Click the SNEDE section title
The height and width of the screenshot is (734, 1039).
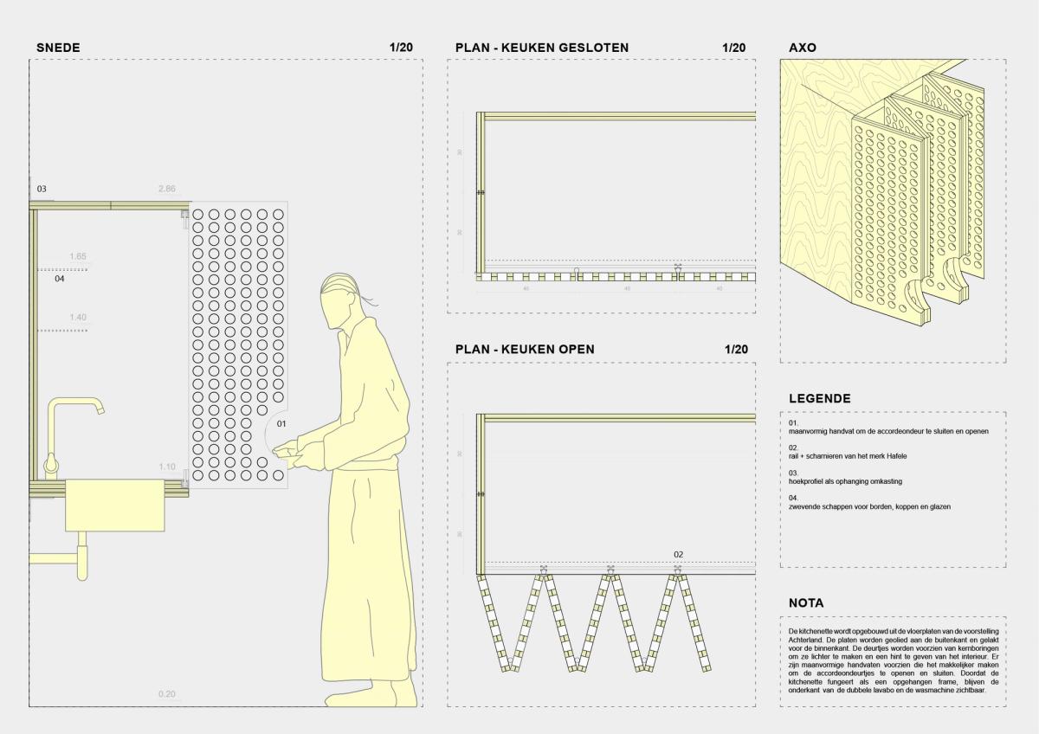(x=58, y=48)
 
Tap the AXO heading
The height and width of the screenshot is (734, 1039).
(x=803, y=48)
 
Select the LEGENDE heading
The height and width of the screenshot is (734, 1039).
(x=819, y=399)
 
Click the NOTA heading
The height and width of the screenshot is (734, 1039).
(x=806, y=603)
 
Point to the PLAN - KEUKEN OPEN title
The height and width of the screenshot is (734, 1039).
(x=525, y=350)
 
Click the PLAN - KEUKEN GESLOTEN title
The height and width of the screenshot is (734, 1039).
(x=542, y=48)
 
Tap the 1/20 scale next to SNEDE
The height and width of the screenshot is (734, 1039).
(x=401, y=48)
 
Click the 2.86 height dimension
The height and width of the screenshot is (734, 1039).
(x=167, y=189)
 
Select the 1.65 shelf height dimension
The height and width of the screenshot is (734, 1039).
(x=78, y=257)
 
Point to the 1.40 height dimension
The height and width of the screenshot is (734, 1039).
(x=78, y=318)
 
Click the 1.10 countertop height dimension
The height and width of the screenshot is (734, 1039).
(x=167, y=467)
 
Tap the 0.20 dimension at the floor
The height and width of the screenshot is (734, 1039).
(x=167, y=694)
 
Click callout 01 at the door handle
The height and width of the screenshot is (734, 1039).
(x=281, y=424)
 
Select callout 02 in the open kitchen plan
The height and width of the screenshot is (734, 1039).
(x=679, y=554)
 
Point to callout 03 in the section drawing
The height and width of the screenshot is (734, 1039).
(x=42, y=189)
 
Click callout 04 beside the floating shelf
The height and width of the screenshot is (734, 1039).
(x=60, y=280)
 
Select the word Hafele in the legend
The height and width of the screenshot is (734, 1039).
(x=895, y=455)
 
